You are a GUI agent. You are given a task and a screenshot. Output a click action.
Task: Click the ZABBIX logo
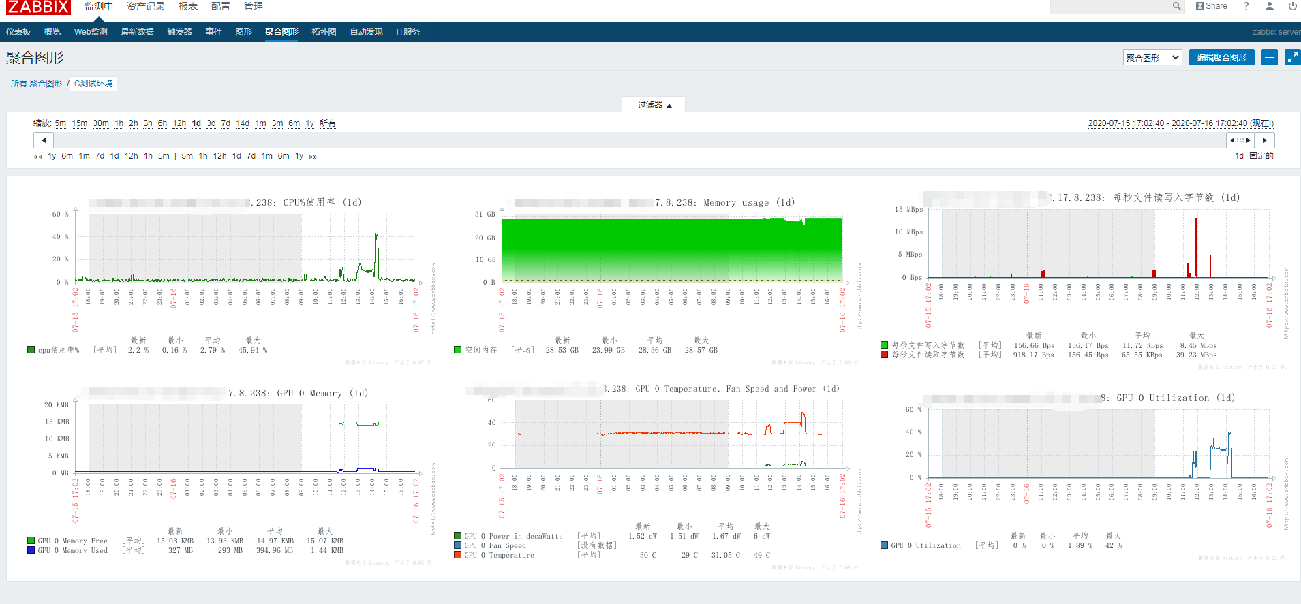[38, 7]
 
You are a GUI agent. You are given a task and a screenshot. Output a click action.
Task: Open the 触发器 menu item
[179, 32]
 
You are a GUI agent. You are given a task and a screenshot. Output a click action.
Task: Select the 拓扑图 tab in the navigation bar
[324, 32]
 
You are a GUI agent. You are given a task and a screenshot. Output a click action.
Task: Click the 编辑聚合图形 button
[1221, 58]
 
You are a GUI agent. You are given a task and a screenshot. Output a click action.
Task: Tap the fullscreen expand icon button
[1292, 58]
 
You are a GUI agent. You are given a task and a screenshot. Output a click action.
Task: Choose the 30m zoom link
[101, 123]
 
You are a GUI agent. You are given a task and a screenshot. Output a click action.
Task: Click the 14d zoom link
[243, 123]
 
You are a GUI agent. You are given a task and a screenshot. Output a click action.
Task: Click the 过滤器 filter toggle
[654, 105]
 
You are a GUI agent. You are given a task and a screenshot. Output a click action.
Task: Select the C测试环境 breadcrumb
[93, 84]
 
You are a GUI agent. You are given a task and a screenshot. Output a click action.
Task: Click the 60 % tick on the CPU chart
[60, 214]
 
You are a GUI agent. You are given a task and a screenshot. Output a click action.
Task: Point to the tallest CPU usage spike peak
[376, 235]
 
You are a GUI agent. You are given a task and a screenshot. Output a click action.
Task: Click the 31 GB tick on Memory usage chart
[485, 214]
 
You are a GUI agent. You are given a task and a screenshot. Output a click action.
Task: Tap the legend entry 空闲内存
[480, 350]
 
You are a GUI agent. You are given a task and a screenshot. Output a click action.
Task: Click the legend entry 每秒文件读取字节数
[928, 355]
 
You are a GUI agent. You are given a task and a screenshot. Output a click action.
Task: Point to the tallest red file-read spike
[1196, 219]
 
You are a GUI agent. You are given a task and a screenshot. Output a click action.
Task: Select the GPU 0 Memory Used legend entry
[72, 550]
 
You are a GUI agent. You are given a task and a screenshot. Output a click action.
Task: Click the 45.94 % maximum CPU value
[253, 350]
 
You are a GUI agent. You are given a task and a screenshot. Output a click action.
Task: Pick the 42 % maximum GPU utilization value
[1114, 545]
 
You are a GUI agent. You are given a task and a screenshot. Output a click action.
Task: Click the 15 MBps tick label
[908, 210]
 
